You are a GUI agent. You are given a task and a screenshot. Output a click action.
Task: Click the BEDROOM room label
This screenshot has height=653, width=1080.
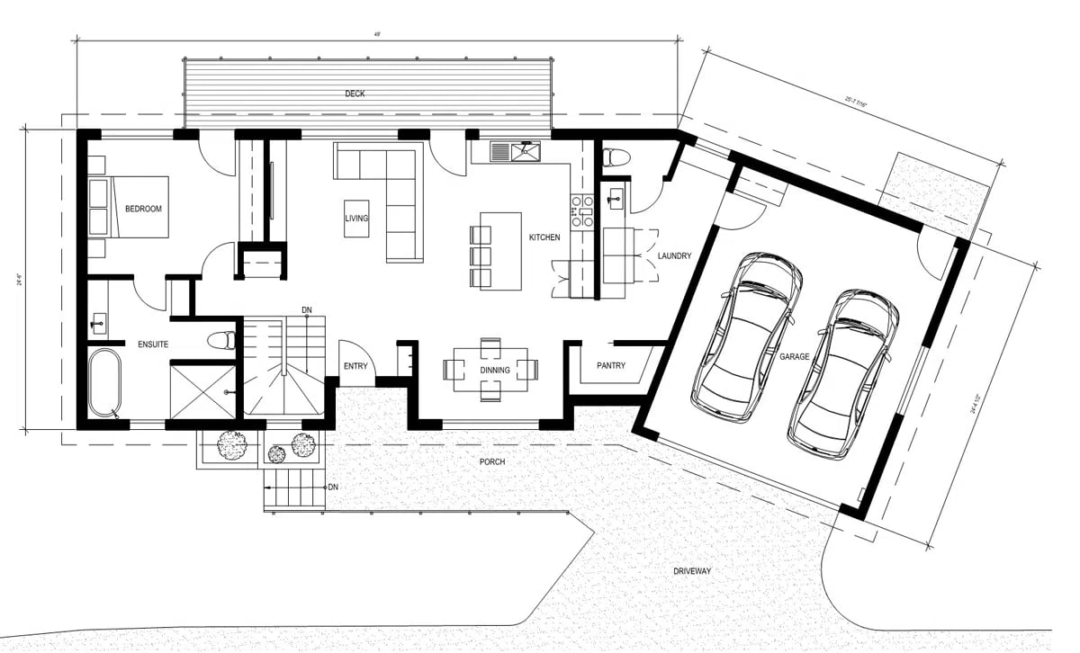pyautogui.click(x=143, y=210)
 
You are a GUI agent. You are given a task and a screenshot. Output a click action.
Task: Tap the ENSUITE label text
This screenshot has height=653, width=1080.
pyautogui.click(x=153, y=344)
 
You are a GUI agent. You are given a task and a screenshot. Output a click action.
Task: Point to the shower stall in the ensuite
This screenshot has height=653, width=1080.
pyautogui.click(x=204, y=390)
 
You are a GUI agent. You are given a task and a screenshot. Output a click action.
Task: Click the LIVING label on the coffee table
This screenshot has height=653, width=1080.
pyautogui.click(x=356, y=219)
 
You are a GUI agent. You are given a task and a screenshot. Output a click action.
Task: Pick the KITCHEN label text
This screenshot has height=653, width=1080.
pyautogui.click(x=544, y=237)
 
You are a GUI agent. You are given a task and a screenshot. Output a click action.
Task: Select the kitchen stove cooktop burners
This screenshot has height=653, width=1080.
pyautogui.click(x=581, y=210)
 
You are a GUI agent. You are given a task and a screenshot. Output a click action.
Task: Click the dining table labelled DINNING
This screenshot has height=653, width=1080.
pyautogui.click(x=490, y=370)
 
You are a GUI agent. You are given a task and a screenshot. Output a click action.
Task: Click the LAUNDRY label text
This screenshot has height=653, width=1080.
pyautogui.click(x=674, y=256)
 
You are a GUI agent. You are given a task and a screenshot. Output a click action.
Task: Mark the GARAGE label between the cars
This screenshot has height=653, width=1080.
pyautogui.click(x=795, y=357)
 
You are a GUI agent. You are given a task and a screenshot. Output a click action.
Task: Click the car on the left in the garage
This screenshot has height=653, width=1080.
pyautogui.click(x=747, y=337)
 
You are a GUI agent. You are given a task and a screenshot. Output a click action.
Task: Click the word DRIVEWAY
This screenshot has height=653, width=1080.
pyautogui.click(x=692, y=571)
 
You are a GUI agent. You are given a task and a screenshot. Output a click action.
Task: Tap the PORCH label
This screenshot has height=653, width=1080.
pyautogui.click(x=491, y=462)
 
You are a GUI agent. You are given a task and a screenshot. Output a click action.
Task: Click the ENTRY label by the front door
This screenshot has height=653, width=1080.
pyautogui.click(x=355, y=366)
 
